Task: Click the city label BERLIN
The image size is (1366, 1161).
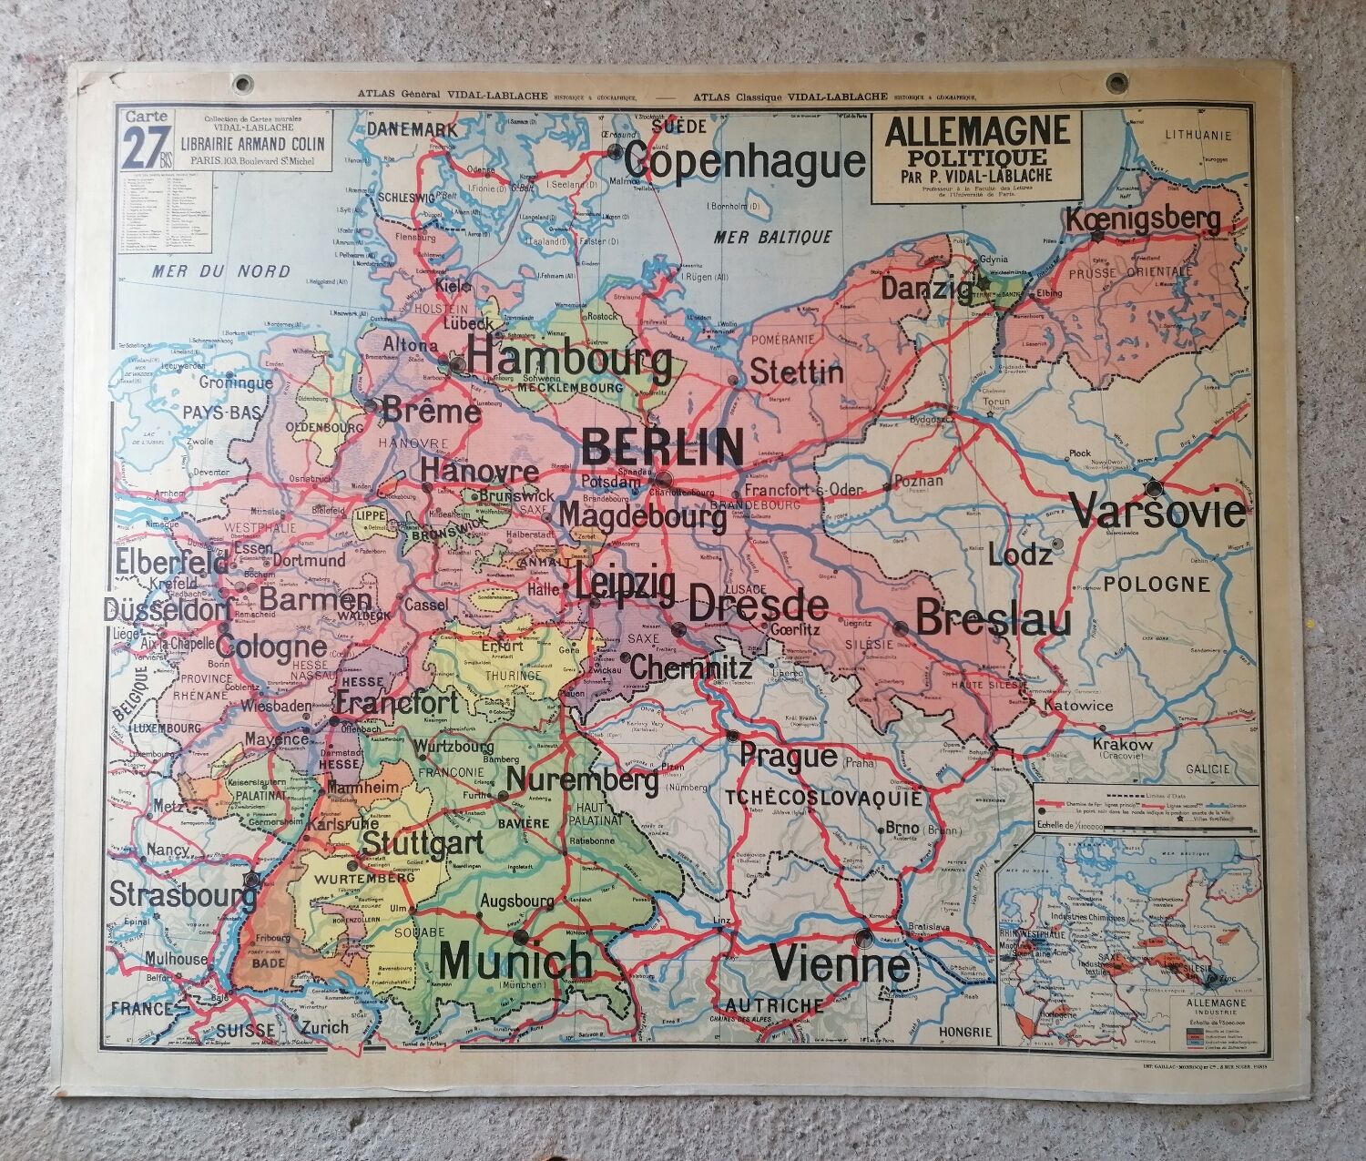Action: coord(662,447)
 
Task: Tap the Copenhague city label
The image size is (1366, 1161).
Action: coord(745,162)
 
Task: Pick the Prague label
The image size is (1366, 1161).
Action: coord(788,756)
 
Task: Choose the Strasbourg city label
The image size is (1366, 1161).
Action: coord(182,892)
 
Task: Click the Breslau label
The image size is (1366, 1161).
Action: coord(993,620)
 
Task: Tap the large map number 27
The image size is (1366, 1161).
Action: coord(145,148)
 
